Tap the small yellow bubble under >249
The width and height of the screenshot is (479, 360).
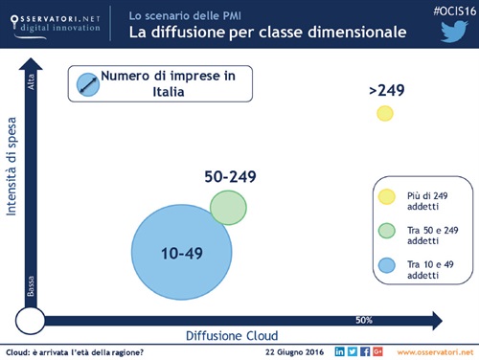click(x=384, y=113)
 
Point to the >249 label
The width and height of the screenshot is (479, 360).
click(x=386, y=91)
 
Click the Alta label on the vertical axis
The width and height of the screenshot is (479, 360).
click(x=32, y=85)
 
